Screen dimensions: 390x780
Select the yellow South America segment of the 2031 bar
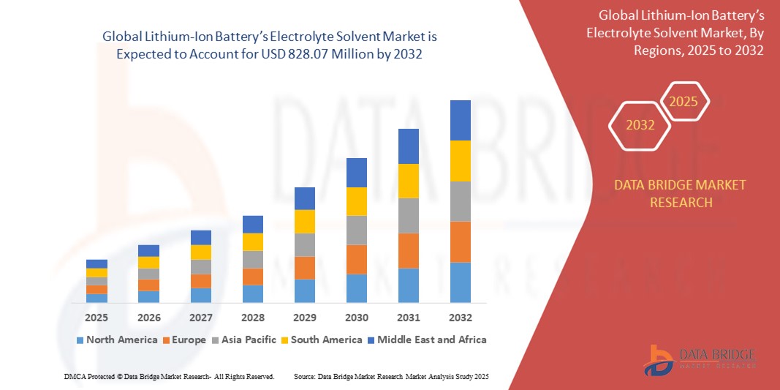pos(408,181)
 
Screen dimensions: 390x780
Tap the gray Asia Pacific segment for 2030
pos(356,230)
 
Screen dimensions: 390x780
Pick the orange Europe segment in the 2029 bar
pos(304,267)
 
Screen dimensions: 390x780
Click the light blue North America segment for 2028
pos(252,293)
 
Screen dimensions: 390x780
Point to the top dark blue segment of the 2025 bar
pos(96,263)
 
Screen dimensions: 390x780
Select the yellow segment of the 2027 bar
pos(200,252)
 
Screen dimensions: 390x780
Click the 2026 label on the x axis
pos(148,318)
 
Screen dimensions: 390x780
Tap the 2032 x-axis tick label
pos(460,318)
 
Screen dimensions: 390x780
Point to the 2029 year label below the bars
pos(304,318)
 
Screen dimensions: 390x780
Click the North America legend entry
pos(116,340)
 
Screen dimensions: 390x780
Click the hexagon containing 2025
pos(684,102)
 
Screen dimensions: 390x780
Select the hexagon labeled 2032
pos(640,125)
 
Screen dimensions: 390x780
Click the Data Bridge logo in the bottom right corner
pos(698,359)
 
